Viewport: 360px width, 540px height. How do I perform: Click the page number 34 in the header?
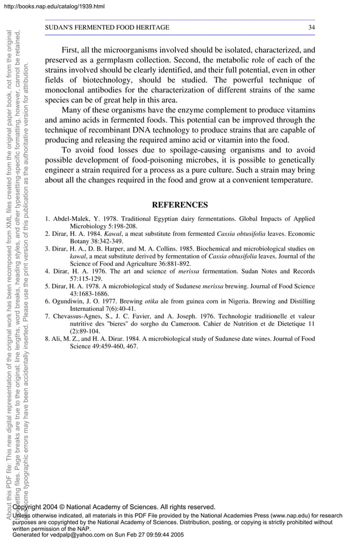(311, 28)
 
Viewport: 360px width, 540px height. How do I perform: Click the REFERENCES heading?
(180, 205)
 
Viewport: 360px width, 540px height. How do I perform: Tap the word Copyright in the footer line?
(29, 507)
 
